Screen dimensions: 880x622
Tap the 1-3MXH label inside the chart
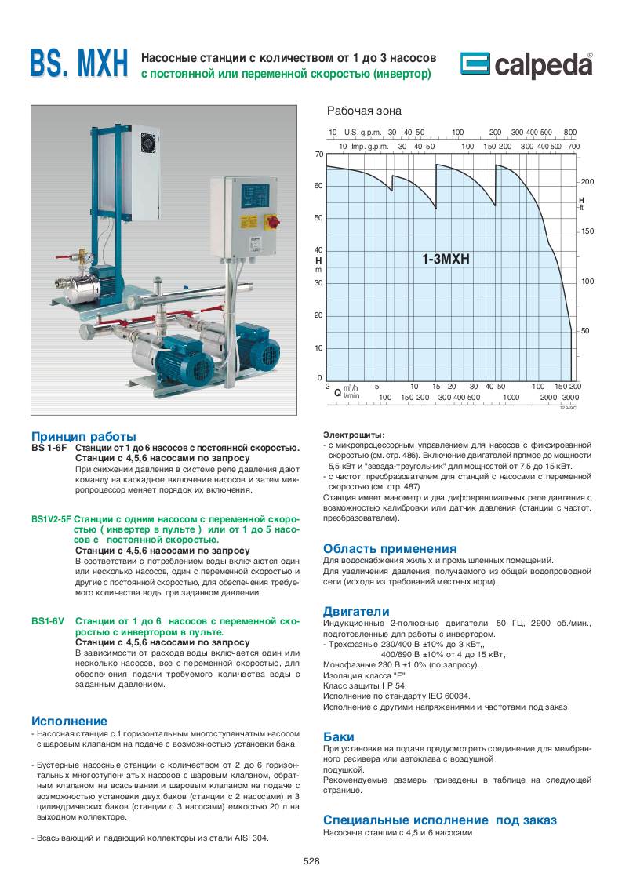(444, 258)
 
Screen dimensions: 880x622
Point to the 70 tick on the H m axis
(319, 155)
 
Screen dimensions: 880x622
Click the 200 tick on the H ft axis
(587, 182)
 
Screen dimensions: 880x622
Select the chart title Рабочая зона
(364, 111)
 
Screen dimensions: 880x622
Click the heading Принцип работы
(84, 436)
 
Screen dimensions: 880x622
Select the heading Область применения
(390, 548)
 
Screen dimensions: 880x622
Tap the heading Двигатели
(356, 611)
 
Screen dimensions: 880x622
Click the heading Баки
(339, 736)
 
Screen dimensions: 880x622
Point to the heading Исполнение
(69, 721)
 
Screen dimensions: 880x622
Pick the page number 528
(311, 860)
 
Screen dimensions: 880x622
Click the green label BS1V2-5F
(51, 519)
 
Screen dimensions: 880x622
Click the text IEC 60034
(446, 696)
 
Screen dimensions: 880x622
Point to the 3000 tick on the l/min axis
(569, 398)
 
